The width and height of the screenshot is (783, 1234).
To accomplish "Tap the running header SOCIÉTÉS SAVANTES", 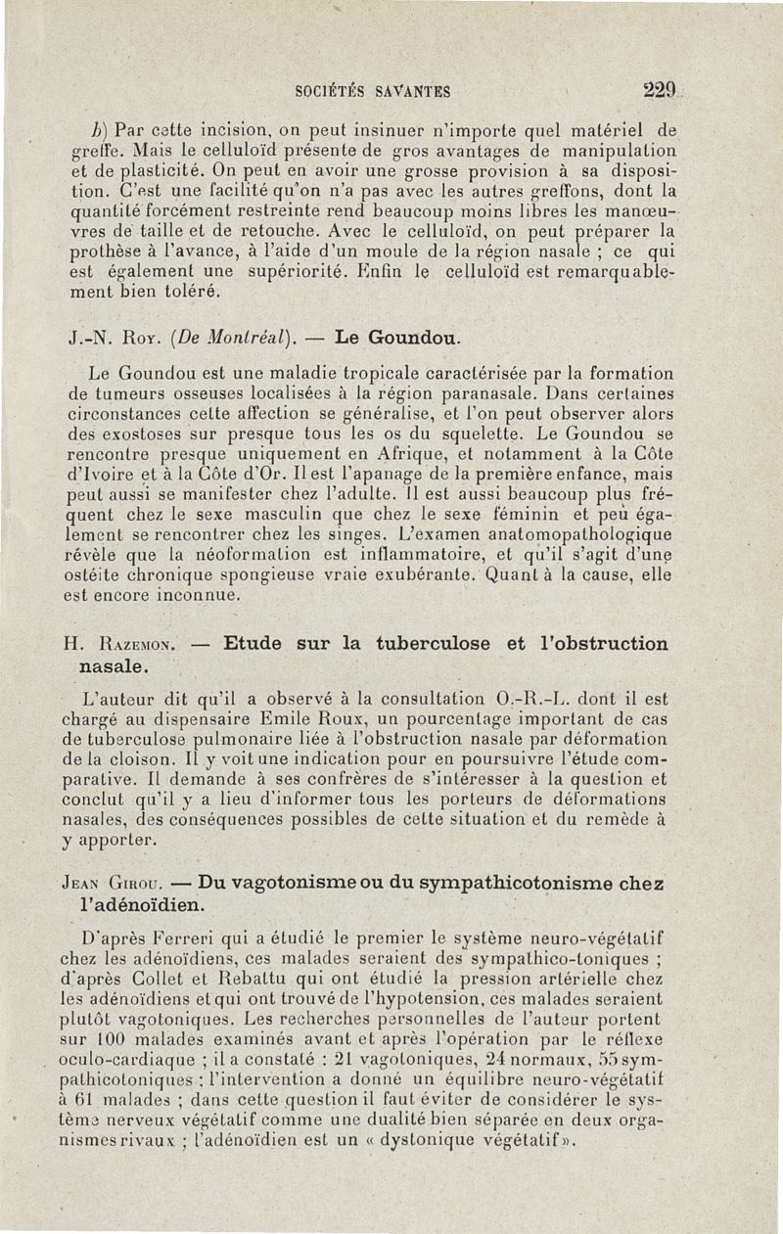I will (372, 93).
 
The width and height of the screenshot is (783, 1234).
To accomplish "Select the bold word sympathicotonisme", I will (511, 884).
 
